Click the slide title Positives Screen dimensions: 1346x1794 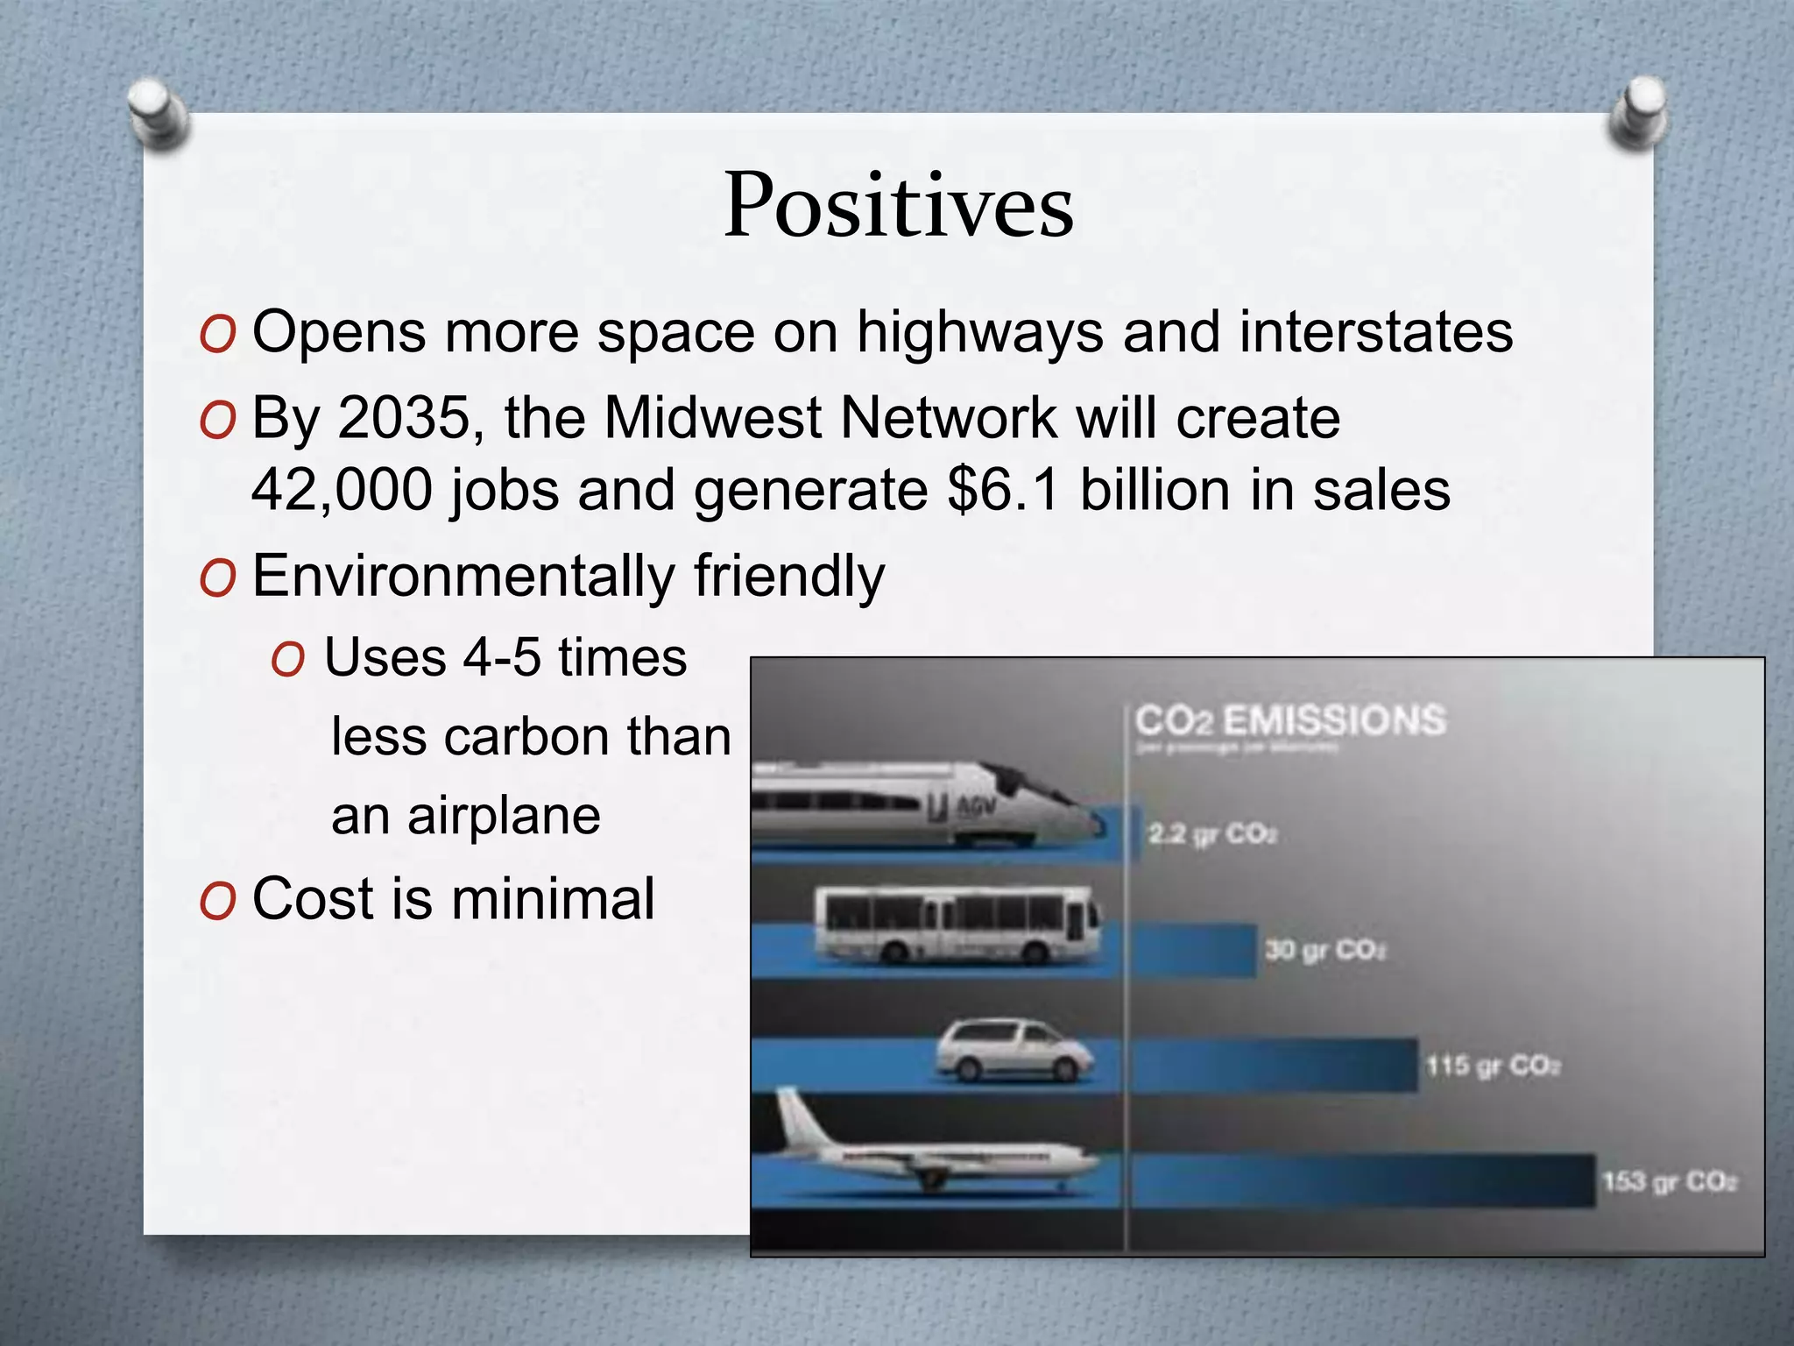click(x=899, y=207)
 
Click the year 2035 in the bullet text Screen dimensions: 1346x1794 click(x=404, y=418)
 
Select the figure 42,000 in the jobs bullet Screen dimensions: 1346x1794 click(x=342, y=490)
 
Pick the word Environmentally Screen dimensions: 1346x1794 click(x=463, y=577)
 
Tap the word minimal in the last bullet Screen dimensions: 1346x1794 click(x=553, y=899)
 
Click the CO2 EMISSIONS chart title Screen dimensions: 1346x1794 click(x=1289, y=720)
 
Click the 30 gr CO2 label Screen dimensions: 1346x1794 click(x=1324, y=950)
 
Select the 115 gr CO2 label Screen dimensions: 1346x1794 click(x=1493, y=1066)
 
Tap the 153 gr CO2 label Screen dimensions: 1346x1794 click(x=1670, y=1182)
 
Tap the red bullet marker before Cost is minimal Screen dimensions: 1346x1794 click(x=217, y=902)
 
